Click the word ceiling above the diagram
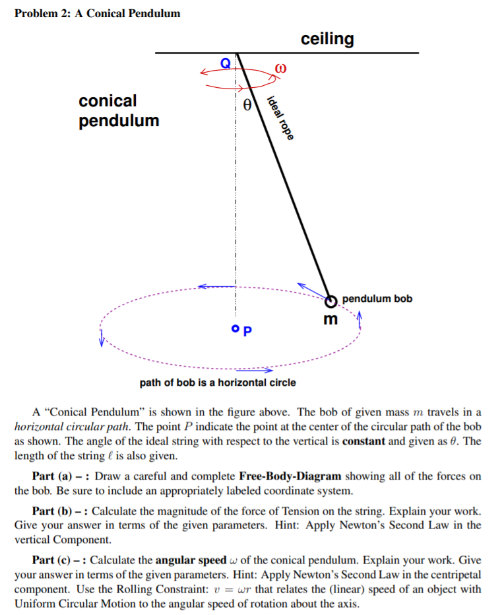(x=327, y=39)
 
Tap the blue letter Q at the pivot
(x=226, y=63)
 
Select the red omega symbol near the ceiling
(x=282, y=68)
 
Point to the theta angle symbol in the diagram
(x=247, y=104)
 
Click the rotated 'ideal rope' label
(x=278, y=119)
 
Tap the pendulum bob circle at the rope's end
(x=332, y=301)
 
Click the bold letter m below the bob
(x=331, y=320)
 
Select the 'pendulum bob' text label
(x=377, y=299)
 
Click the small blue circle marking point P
(x=235, y=328)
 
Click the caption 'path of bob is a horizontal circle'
(x=218, y=382)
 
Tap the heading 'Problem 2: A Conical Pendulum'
(x=98, y=13)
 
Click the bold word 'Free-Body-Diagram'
(x=290, y=476)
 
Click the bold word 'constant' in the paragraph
(x=364, y=442)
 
